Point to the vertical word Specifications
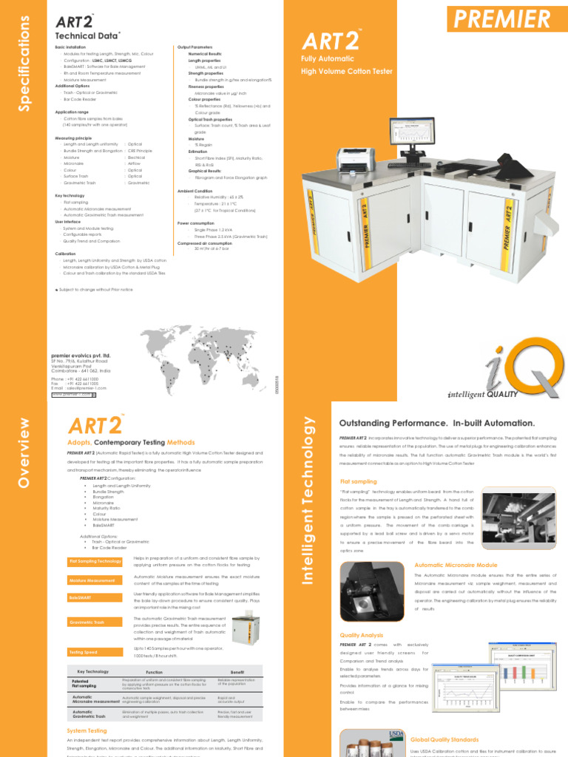(26, 65)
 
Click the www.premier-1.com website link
(71, 395)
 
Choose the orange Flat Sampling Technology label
(95, 562)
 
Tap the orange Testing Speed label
(84, 653)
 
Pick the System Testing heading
(87, 730)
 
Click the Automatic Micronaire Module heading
(450, 565)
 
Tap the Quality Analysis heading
(361, 635)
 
